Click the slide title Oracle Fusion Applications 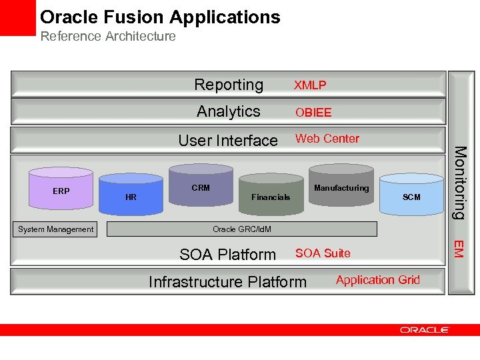point(160,17)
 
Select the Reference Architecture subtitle point(108,36)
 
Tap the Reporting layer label point(229,85)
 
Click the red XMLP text point(311,85)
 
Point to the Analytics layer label point(229,111)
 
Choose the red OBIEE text point(313,113)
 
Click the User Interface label point(228,140)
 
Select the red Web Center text point(327,139)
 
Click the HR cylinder point(131,196)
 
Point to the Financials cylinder point(271,197)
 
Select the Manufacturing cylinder point(341,188)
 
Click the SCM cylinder point(411,197)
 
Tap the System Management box point(56,229)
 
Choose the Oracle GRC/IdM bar point(242,229)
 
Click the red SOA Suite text point(323,253)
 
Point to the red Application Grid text point(378,280)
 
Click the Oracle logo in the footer point(425,329)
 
